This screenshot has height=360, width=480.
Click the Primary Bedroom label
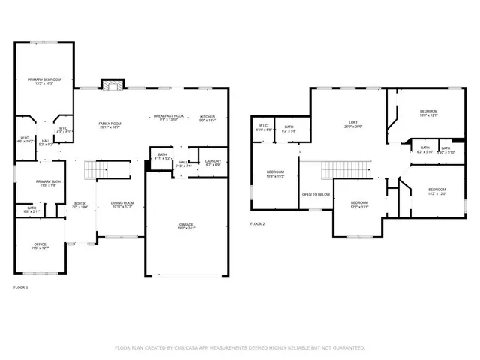point(44,81)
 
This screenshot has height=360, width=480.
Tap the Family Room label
point(110,125)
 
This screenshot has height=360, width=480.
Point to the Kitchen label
point(208,118)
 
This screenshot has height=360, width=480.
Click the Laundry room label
point(212,161)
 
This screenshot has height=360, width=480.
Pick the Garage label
point(187,226)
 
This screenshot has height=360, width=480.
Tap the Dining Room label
point(122,204)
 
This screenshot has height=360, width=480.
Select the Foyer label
point(79,205)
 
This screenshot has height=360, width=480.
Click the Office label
point(40,245)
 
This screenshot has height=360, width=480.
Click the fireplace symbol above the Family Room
point(112,85)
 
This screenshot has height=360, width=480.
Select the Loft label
point(353,124)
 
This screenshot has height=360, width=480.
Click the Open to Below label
point(316,194)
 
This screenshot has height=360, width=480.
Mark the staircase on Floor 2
point(337,171)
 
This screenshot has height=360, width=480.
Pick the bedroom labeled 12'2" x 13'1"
point(359,205)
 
